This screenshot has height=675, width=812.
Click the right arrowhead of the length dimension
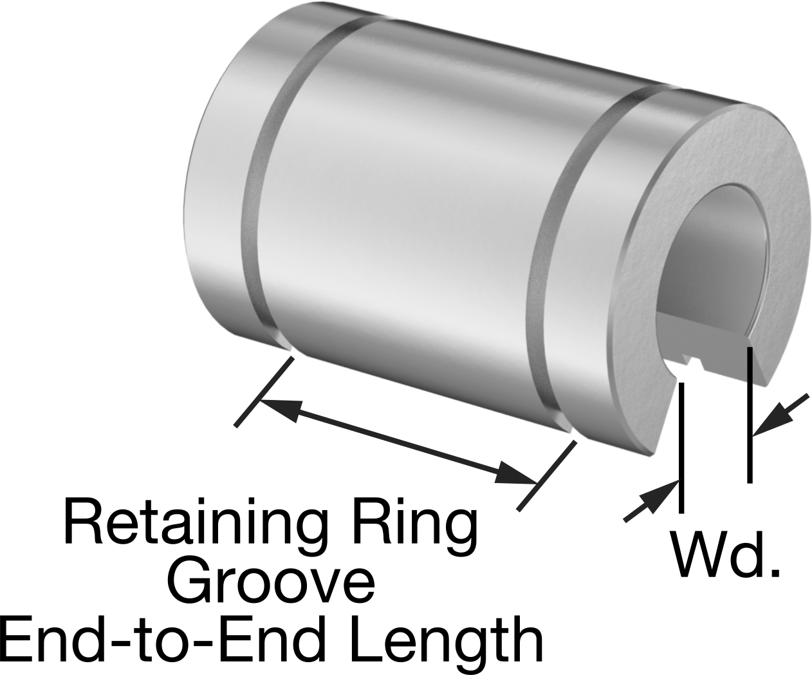click(515, 474)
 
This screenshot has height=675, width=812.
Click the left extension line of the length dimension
click(264, 392)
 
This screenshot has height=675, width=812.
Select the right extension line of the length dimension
click(546, 475)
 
